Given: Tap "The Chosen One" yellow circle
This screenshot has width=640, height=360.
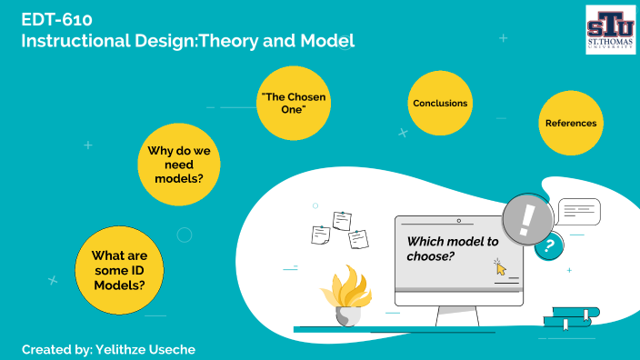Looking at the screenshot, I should point(293,102).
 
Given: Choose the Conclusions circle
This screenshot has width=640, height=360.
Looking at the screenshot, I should point(440,104).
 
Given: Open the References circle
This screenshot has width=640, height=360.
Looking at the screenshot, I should point(571,123).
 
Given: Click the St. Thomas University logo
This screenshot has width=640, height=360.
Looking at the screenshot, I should point(611,28).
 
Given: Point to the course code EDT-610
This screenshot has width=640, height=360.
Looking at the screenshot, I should point(56,18).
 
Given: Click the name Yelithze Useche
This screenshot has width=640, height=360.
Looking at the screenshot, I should point(144,349).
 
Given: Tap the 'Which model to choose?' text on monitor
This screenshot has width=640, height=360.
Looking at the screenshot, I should point(452,248).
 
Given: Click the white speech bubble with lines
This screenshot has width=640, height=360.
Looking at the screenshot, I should point(579,211).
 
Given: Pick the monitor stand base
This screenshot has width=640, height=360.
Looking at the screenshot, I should point(457,317).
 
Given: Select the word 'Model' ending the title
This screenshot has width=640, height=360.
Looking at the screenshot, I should point(329,41).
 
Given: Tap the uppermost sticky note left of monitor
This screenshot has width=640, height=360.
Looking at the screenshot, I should point(342,220).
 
